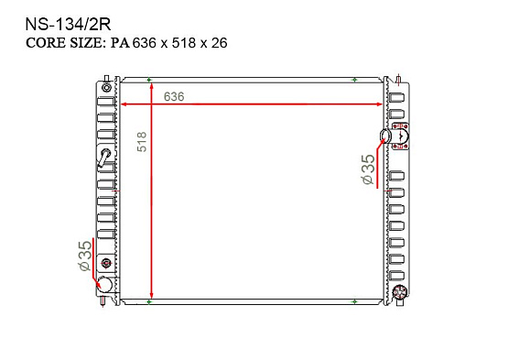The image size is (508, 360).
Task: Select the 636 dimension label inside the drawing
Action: pyautogui.click(x=175, y=96)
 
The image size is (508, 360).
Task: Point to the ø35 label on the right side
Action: pyautogui.click(x=367, y=170)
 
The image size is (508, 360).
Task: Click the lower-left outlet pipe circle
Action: pyautogui.click(x=104, y=285)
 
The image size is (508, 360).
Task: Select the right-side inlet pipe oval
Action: pyautogui.click(x=384, y=137)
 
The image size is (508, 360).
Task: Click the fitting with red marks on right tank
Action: pyautogui.click(x=400, y=137)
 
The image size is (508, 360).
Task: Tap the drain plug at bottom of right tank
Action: pyautogui.click(x=399, y=294)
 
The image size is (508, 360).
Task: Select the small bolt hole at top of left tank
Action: pyautogui.click(x=106, y=88)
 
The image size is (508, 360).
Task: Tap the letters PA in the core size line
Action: pyautogui.click(x=121, y=43)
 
